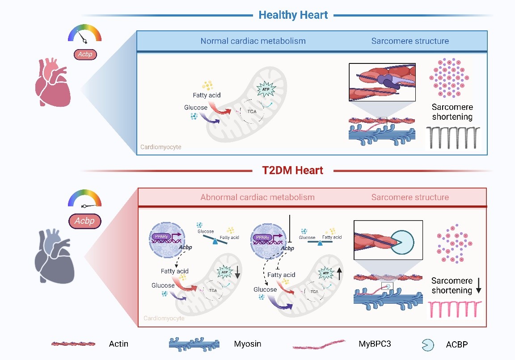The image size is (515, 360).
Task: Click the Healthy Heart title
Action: coord(293,15)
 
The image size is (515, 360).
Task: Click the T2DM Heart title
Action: coord(292,170)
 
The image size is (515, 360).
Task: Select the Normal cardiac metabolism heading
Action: coord(253,41)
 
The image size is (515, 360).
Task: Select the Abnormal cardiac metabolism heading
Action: coord(257,197)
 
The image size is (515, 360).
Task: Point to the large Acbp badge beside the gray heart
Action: coord(85,221)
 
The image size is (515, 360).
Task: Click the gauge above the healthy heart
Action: coord(85,33)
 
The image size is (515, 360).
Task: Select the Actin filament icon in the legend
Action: coord(73,344)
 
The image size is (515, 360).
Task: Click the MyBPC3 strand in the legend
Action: coord(319,344)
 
